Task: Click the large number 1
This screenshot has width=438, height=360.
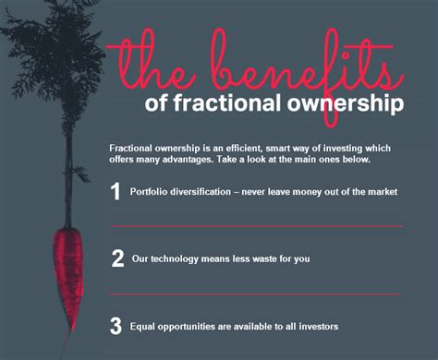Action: [x=116, y=191]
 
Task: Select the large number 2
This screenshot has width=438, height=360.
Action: [x=117, y=258]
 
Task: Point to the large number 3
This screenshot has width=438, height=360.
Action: [x=116, y=326]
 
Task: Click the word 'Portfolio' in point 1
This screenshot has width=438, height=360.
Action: [x=151, y=192]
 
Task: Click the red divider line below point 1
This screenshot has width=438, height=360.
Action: [x=255, y=225]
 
